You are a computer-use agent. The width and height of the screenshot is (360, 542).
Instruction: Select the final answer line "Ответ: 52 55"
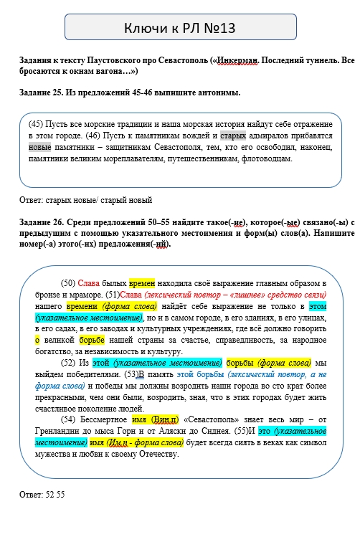click(x=42, y=495)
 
